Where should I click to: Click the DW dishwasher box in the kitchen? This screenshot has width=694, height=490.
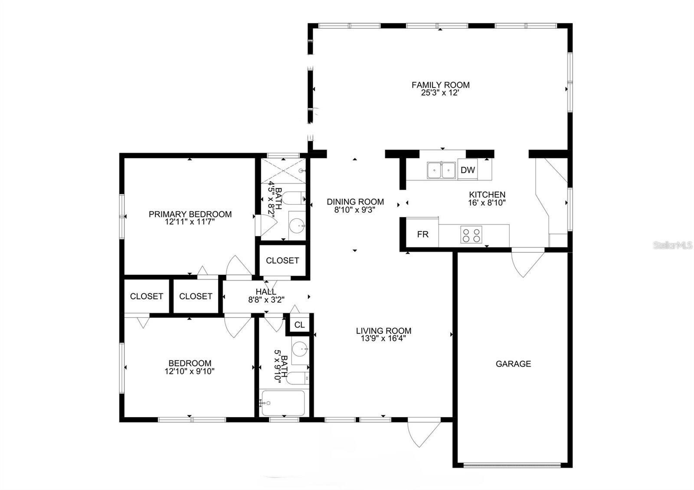tap(468, 170)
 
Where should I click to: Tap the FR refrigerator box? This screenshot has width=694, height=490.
tap(423, 235)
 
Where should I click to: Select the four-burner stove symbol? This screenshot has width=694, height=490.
tap(471, 235)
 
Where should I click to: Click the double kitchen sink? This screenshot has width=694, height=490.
tap(441, 170)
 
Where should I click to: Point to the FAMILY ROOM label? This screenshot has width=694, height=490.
tap(440, 85)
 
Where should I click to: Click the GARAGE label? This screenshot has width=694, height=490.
tap(513, 364)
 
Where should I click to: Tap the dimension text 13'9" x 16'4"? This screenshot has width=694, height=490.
tap(383, 339)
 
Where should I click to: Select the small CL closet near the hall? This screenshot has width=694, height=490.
tap(299, 325)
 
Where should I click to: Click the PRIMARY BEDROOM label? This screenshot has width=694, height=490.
tap(190, 214)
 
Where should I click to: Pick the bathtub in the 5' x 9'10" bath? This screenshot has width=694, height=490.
tap(283, 403)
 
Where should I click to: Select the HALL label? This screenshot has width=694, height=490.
tap(266, 292)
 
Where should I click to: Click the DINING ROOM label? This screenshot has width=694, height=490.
tap(355, 202)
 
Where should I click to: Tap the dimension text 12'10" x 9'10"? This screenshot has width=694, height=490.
tap(190, 371)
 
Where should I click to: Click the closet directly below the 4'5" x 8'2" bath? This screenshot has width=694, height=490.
tap(282, 260)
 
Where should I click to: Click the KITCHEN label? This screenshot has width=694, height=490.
tap(487, 195)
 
